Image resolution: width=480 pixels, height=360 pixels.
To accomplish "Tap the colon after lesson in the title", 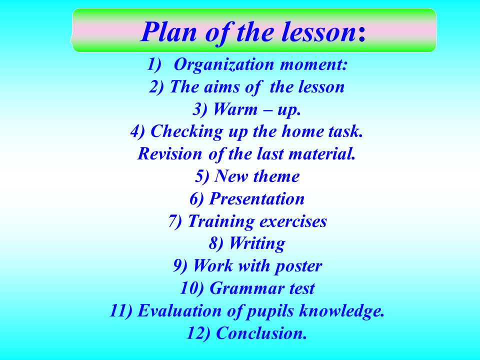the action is click(362, 34).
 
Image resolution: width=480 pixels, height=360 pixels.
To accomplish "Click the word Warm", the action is click(235, 109).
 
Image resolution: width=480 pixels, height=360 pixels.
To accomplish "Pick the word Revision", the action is click(170, 153).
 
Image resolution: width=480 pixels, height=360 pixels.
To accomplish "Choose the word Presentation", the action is click(257, 198).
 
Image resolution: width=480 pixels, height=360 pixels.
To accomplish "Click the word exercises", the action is click(293, 221).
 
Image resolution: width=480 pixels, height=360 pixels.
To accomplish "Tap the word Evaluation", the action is click(179, 310).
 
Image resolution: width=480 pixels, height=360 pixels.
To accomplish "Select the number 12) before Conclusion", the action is click(198, 333).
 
